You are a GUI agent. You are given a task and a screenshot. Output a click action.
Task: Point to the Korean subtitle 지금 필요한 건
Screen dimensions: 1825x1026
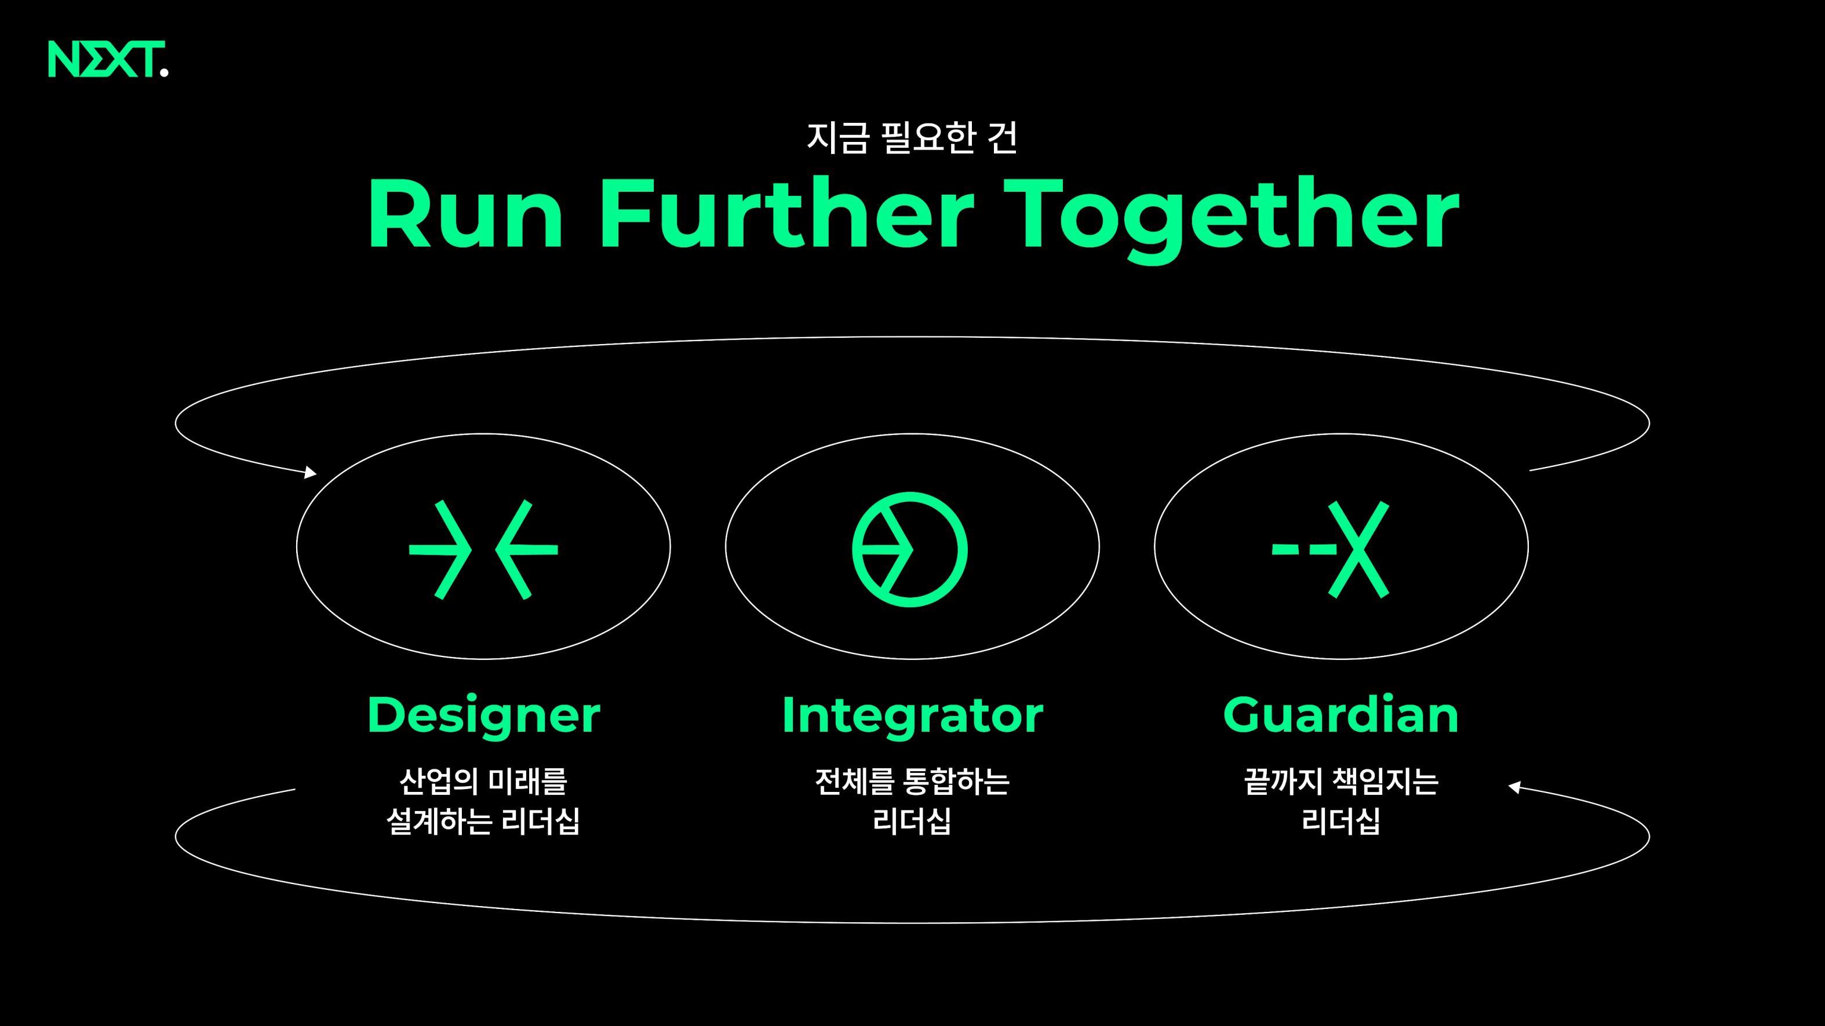tap(912, 137)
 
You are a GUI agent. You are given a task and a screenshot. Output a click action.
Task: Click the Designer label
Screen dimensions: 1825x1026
tap(483, 714)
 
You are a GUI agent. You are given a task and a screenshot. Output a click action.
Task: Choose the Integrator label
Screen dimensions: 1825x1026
tap(912, 714)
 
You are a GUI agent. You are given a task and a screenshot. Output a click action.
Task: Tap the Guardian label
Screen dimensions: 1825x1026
tap(1340, 714)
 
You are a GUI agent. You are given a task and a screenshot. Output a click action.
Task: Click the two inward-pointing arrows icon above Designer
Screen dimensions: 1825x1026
tap(483, 549)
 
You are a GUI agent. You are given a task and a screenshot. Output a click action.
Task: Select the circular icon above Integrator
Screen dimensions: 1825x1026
tap(910, 549)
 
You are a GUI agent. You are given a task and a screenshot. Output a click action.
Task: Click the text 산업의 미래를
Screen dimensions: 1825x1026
tap(483, 782)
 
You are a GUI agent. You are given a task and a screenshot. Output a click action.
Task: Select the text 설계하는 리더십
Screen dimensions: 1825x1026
tap(483, 821)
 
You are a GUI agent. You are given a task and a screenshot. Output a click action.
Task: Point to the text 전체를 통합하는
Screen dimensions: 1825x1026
tap(912, 782)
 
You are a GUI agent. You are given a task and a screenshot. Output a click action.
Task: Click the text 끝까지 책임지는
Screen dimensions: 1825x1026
tap(1340, 782)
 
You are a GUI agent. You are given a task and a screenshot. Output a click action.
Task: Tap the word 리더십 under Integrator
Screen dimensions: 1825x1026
tap(912, 821)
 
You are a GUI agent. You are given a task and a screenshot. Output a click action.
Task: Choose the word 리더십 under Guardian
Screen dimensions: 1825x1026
tap(1340, 821)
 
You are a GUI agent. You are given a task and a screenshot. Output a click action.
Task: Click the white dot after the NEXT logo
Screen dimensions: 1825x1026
tap(165, 71)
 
